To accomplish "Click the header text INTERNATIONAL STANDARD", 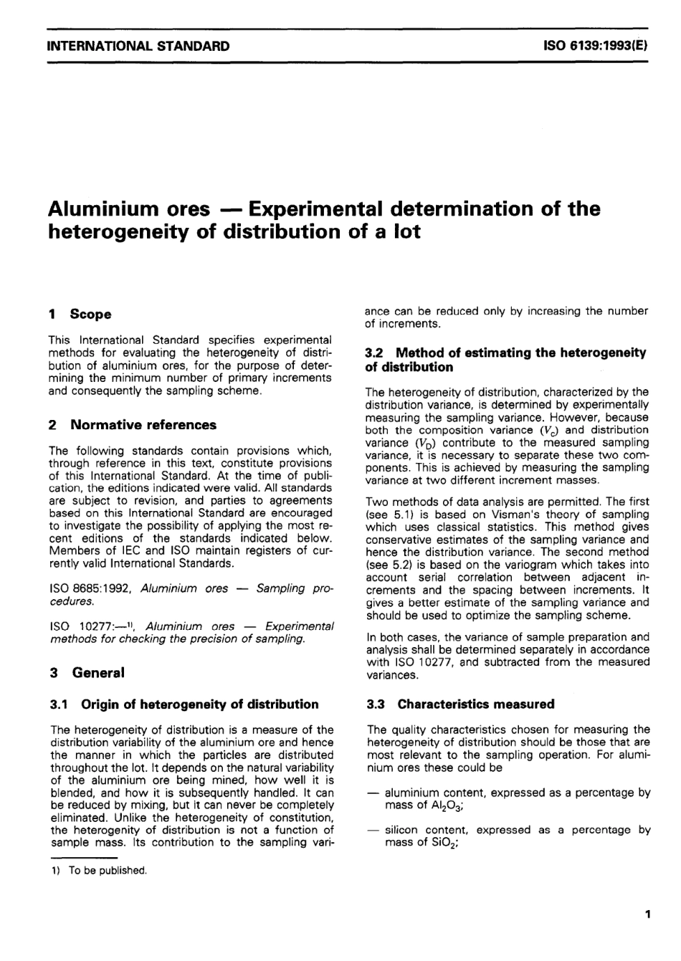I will coord(138,47).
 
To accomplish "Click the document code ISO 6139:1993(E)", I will coord(596,47).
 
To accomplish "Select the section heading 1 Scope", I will coord(80,314).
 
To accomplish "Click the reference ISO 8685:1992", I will coord(91,588).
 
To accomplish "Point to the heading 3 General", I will coord(86,673).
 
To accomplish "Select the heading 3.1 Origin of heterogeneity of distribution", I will coord(184,704).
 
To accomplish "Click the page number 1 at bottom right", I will coord(647,914).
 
